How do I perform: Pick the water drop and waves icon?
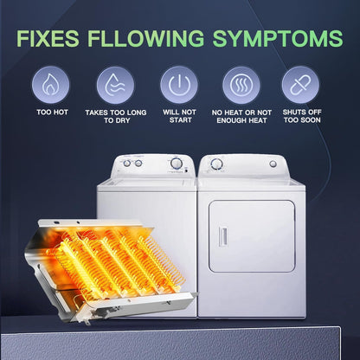tap(115, 85)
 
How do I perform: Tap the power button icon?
tap(179, 85)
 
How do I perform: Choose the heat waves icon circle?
tap(241, 85)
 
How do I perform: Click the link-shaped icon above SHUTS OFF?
tap(300, 85)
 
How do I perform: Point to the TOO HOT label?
tap(53, 112)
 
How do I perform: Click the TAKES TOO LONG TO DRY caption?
tap(115, 117)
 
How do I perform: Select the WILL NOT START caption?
tap(179, 117)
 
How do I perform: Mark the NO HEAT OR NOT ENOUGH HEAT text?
tap(241, 117)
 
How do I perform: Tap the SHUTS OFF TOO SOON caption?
tap(300, 117)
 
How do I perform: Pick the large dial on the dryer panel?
tap(217, 164)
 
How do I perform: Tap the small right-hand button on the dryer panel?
tap(273, 164)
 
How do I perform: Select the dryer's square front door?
tap(251, 236)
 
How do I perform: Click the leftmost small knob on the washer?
tap(113, 164)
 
